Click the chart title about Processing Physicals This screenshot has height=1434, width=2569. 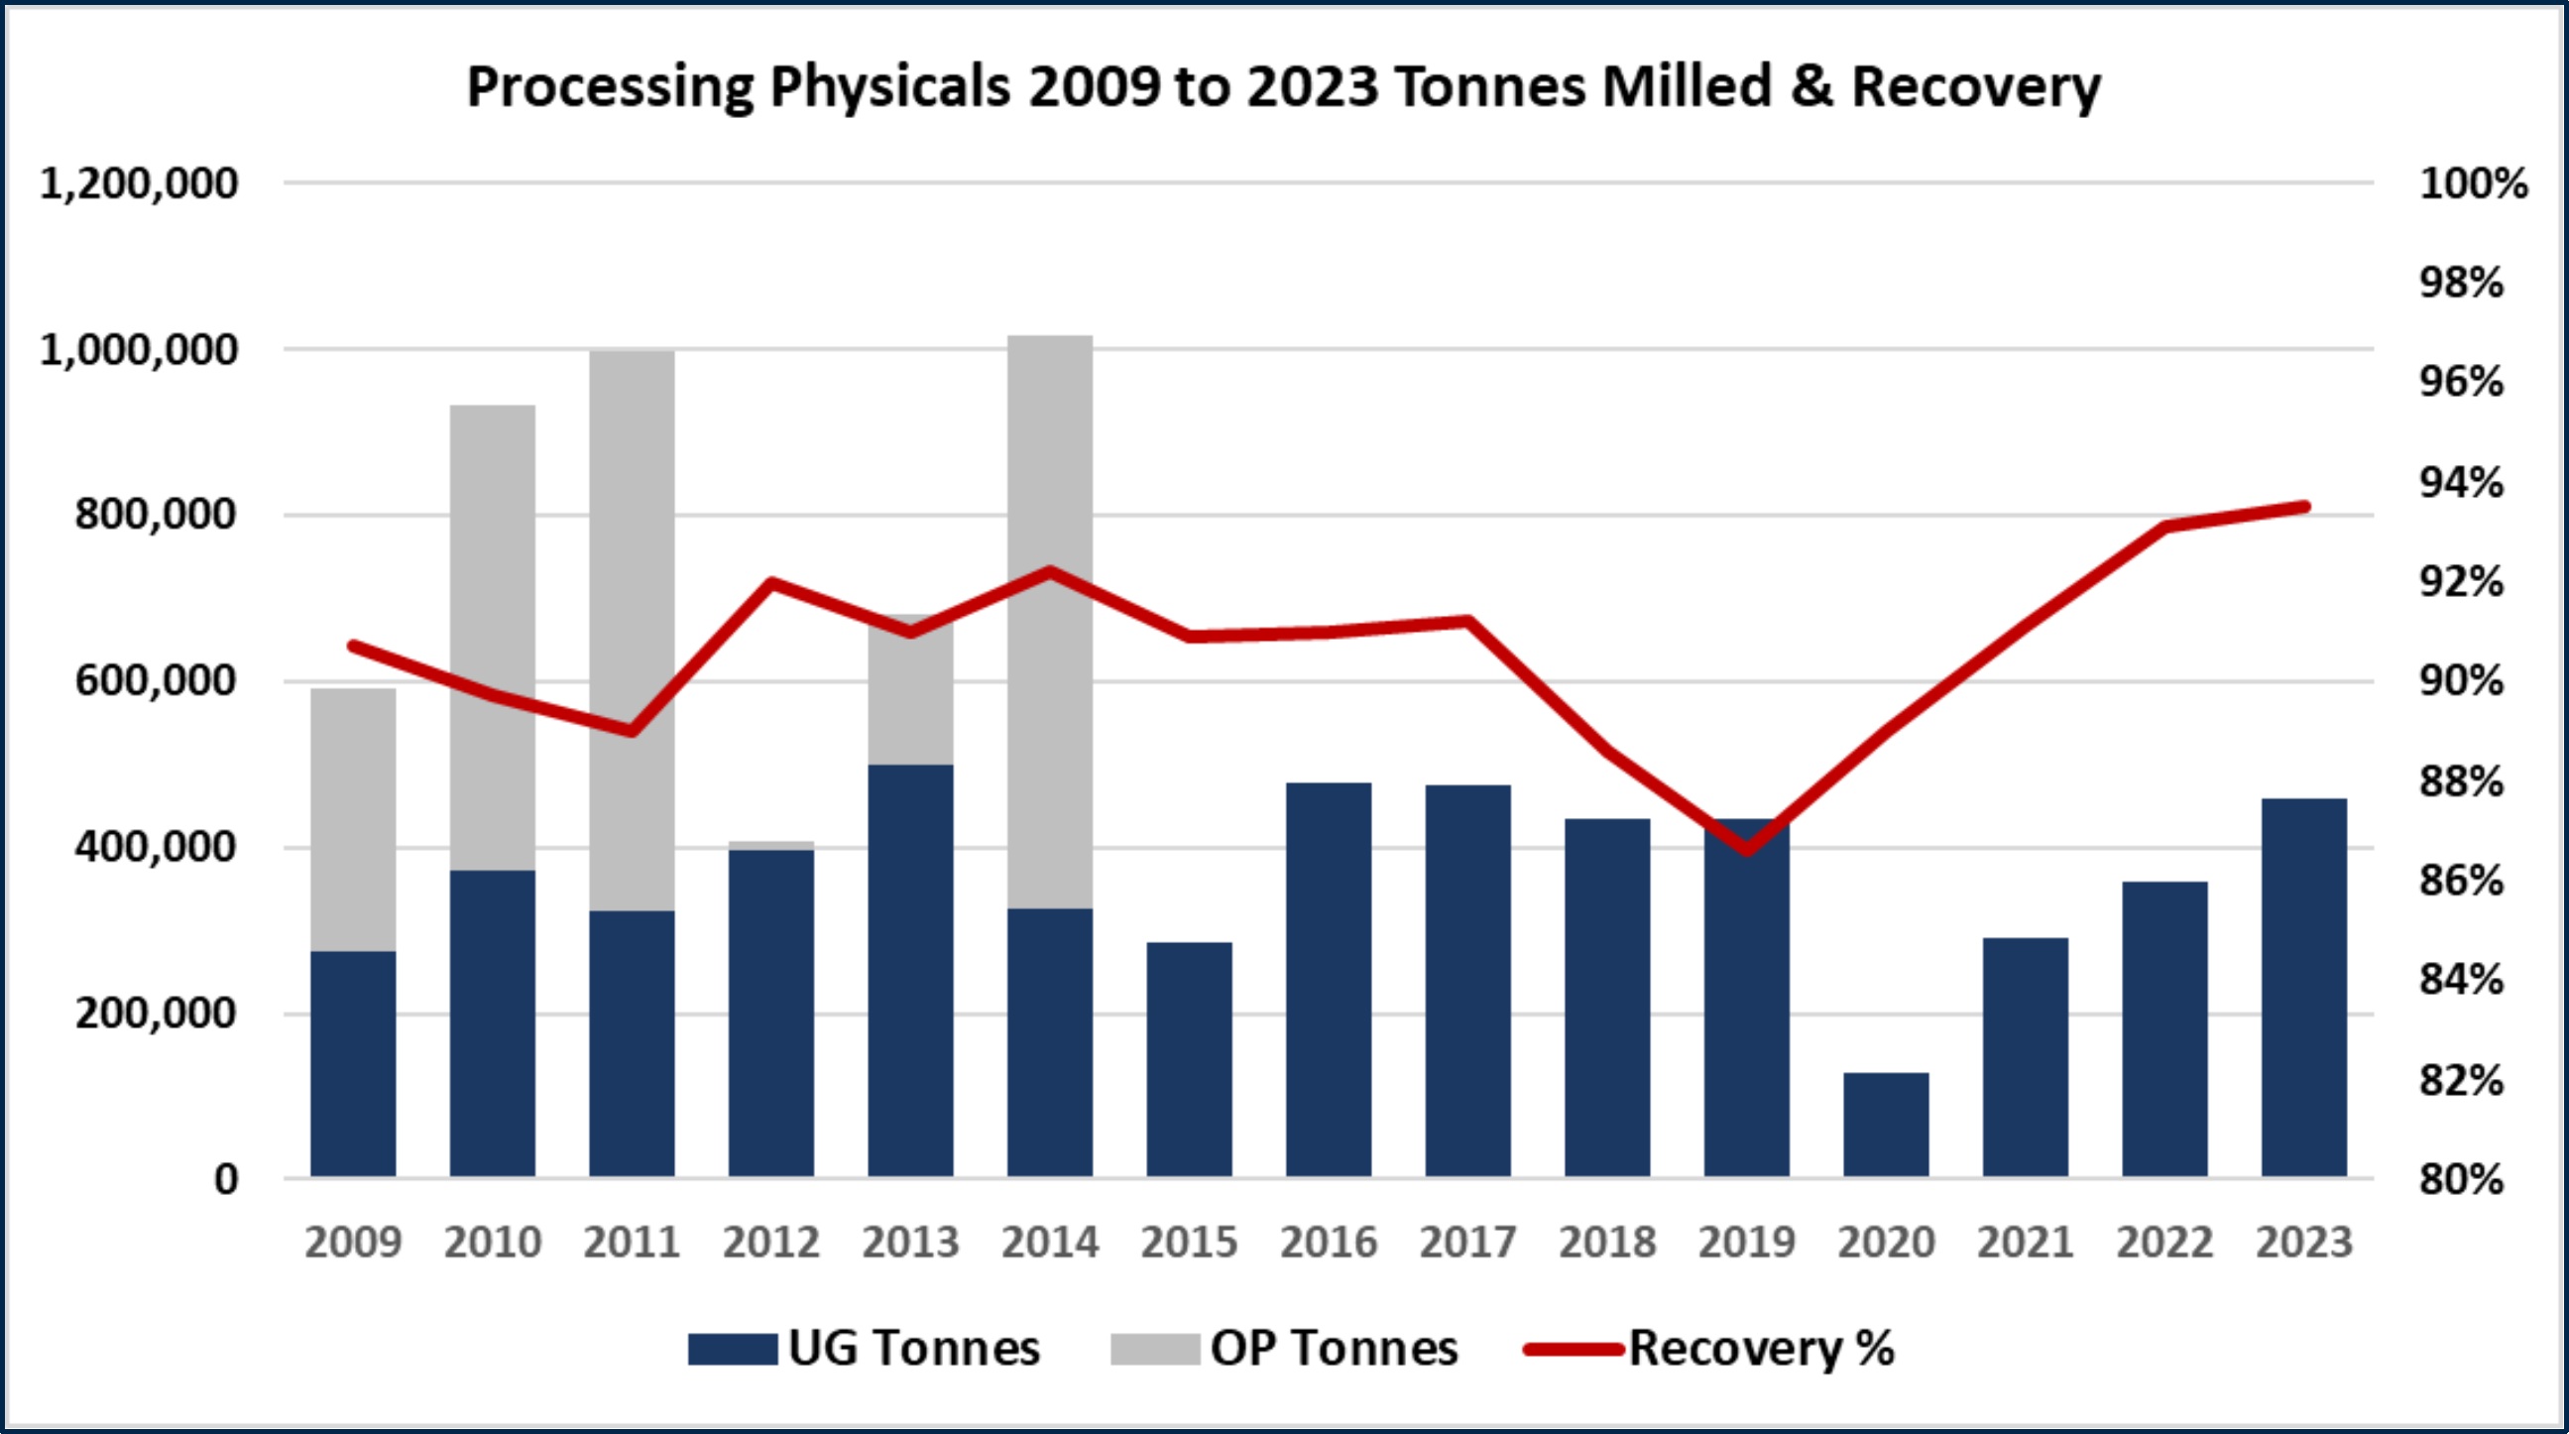click(x=1283, y=86)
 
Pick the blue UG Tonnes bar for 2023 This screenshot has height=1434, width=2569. click(x=2303, y=988)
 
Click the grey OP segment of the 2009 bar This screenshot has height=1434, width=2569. click(x=353, y=818)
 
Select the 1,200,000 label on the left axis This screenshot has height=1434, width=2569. click(x=139, y=183)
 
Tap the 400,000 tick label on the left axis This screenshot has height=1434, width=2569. click(x=156, y=847)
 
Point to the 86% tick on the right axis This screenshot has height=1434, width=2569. click(x=2461, y=881)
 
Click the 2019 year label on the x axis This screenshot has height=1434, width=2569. click(x=1746, y=1243)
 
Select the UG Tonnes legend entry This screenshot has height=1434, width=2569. click(x=864, y=1349)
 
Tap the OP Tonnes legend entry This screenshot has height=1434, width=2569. click(x=1285, y=1349)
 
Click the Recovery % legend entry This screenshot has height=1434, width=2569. click(x=1709, y=1349)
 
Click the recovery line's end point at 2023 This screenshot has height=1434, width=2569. click(x=2303, y=507)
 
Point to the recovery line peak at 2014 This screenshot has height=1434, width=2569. click(x=1049, y=571)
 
